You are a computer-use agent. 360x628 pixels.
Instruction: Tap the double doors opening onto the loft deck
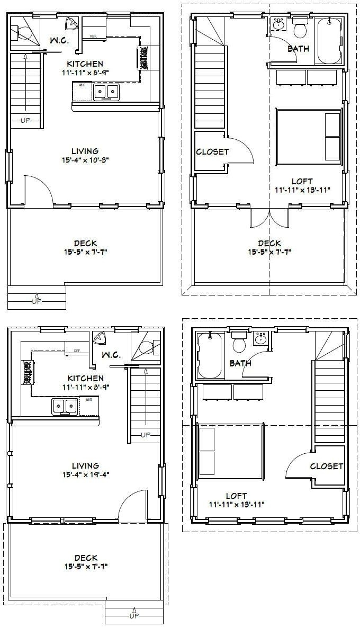tap(269, 218)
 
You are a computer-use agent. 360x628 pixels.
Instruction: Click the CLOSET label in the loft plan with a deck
tap(212, 151)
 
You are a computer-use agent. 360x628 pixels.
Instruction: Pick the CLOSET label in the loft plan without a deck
tap(326, 466)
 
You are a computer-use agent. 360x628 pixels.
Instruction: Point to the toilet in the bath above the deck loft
tap(300, 29)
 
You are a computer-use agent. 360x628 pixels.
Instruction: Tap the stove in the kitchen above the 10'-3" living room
tap(144, 57)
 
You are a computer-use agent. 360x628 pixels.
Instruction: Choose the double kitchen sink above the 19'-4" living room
tap(64, 406)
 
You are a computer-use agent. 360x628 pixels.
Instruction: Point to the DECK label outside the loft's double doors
tap(269, 243)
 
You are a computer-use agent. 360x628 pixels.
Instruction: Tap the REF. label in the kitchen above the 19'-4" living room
tap(77, 351)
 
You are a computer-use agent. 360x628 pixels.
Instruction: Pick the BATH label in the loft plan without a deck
tap(240, 363)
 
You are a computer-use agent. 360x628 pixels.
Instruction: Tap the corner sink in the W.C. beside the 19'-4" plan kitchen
tap(99, 337)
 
